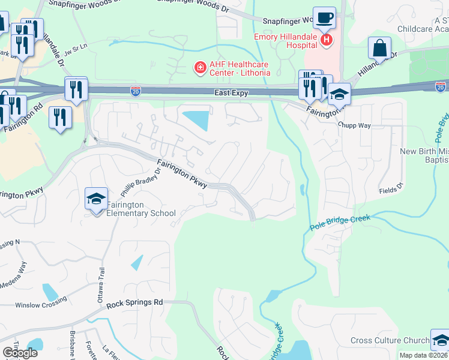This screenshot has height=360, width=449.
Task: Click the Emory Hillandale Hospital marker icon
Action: tap(326, 40)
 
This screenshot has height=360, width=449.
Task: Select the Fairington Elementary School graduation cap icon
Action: tap(96, 200)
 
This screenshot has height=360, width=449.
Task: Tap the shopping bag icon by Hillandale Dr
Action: tap(379, 47)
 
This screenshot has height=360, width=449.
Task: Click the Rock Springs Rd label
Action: tap(135, 304)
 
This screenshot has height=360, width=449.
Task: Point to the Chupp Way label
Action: tap(354, 125)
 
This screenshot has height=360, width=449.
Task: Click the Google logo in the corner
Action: tap(20, 352)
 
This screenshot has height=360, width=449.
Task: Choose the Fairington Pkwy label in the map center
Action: tap(182, 173)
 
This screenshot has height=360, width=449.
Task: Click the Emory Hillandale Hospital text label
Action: tap(285, 40)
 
